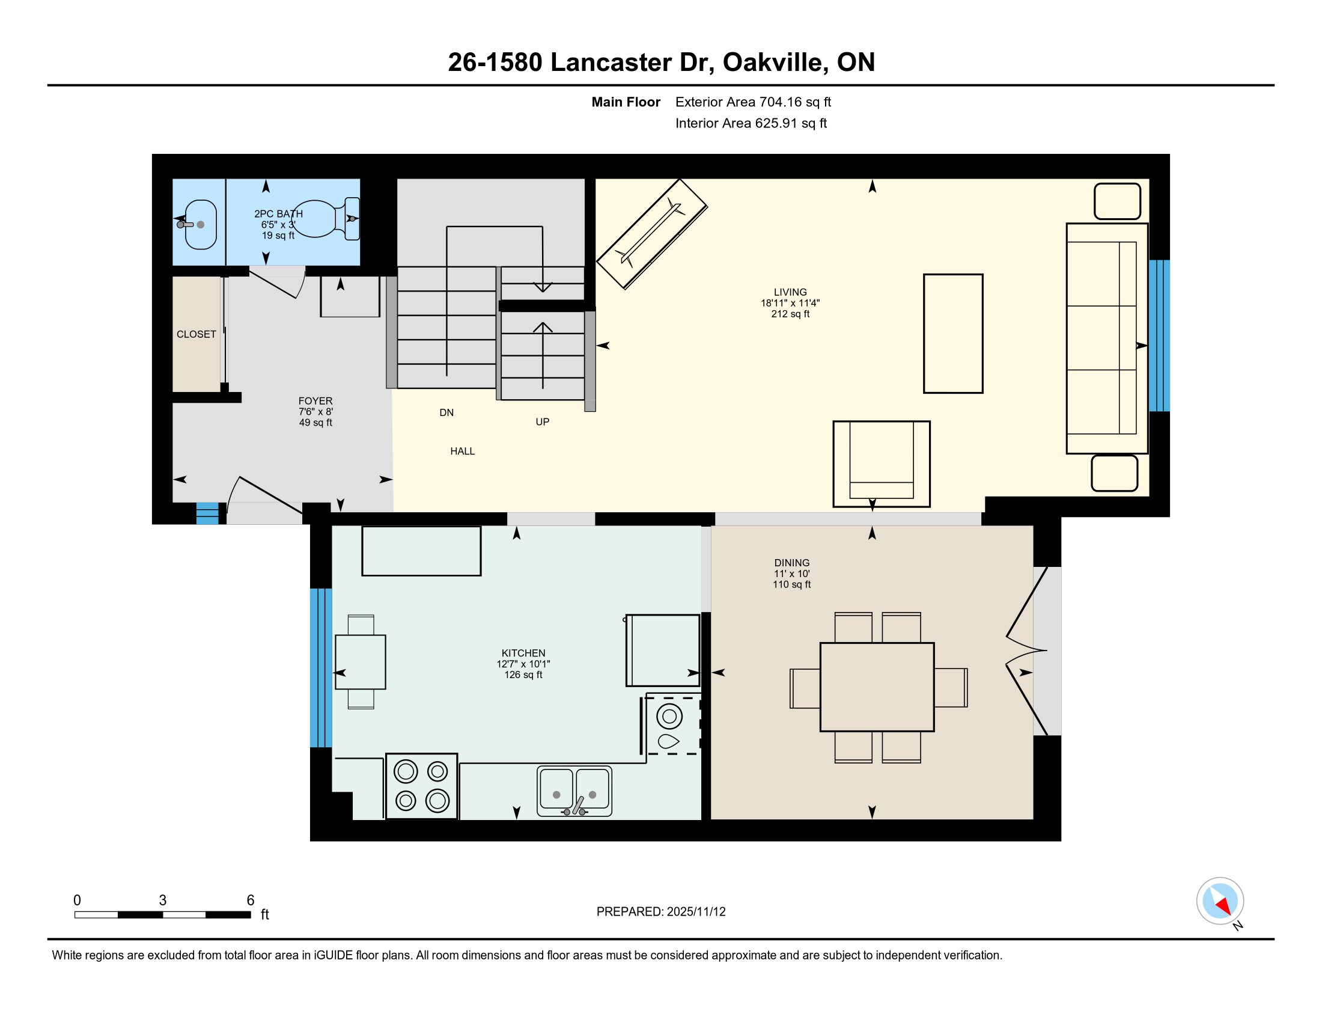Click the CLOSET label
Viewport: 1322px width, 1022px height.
pos(196,334)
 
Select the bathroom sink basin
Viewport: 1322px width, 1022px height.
pos(200,225)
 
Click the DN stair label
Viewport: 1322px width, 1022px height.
pos(446,412)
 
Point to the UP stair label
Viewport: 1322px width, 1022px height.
pos(543,422)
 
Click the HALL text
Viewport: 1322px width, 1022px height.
pos(463,451)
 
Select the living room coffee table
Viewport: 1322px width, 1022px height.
pos(953,334)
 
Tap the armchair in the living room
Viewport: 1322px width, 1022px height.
pos(882,464)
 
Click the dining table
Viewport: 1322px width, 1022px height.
pos(877,687)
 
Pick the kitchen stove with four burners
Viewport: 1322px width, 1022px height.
pos(421,786)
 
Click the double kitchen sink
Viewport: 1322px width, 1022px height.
pos(574,791)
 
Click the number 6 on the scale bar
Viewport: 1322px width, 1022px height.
pos(251,901)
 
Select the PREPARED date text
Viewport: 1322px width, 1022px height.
pos(661,912)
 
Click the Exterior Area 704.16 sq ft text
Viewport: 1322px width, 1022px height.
pos(753,102)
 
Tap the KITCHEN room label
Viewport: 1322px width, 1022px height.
pos(523,653)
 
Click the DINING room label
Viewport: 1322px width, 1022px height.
pos(792,563)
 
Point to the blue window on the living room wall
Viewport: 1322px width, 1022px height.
pos(1159,336)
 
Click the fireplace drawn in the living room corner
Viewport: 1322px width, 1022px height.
pos(652,234)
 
